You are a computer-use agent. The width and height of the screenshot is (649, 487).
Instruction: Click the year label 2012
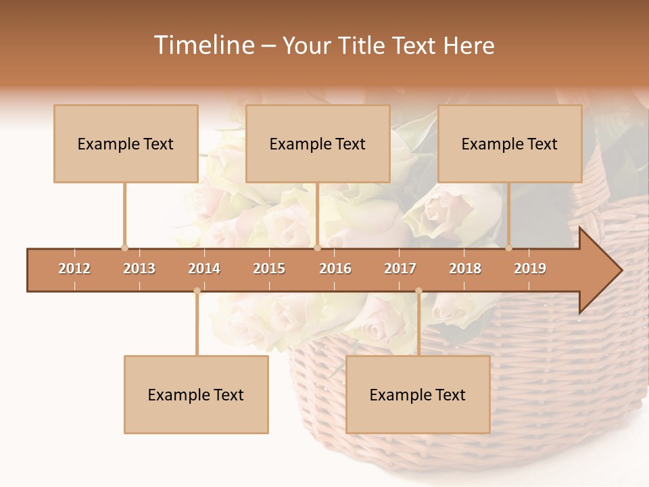[74, 269]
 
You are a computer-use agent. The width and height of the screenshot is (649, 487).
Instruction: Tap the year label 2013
[139, 269]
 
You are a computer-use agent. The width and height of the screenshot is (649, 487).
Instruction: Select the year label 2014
[204, 269]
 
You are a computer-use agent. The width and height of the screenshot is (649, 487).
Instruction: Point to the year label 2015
[269, 269]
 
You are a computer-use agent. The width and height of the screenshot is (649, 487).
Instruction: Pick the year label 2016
[335, 269]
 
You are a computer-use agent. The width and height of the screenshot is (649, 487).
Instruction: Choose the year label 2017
[400, 269]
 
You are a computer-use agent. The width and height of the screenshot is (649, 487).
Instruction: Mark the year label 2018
[465, 269]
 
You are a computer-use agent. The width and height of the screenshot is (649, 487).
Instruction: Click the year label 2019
[530, 269]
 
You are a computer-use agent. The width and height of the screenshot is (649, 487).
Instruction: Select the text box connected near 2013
[126, 143]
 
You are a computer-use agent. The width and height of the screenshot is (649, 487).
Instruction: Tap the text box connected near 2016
[318, 143]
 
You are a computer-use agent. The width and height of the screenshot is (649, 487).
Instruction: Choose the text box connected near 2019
[510, 143]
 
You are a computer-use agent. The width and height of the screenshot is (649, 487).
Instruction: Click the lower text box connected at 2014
[196, 394]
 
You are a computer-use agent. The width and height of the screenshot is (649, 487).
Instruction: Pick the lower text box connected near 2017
[418, 394]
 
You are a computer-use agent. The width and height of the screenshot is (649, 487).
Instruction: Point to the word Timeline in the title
[203, 45]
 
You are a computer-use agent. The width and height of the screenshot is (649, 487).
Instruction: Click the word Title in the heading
[362, 45]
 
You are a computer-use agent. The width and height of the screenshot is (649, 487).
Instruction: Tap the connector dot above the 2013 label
[124, 248]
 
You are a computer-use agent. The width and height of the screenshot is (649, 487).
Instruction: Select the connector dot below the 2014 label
[197, 291]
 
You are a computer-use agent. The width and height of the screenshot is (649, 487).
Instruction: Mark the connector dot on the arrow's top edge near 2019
[508, 248]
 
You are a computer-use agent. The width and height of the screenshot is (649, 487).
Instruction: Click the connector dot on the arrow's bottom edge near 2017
[418, 291]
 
